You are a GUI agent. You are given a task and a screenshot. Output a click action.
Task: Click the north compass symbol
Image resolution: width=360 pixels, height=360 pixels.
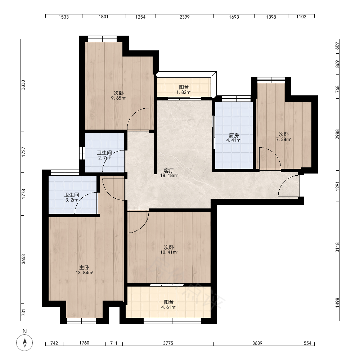point(24,343)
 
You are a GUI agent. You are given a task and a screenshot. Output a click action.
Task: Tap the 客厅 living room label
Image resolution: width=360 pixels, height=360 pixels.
point(169,171)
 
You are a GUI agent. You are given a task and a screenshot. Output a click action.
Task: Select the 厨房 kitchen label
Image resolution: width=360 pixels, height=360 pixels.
point(234,135)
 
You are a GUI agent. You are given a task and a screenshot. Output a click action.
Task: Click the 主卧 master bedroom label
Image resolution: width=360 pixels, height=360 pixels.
point(84,267)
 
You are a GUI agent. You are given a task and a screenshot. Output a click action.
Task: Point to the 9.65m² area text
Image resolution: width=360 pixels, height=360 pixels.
point(119,98)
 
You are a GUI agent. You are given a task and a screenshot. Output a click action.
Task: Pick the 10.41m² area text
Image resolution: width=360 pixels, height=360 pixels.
point(169,252)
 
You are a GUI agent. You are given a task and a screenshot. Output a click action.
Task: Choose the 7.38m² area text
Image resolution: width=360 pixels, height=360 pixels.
point(284,139)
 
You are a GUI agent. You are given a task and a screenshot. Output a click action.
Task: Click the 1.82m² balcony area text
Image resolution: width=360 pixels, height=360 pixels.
point(184,92)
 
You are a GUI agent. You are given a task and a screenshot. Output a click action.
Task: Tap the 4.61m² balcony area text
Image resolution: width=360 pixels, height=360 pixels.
point(169,307)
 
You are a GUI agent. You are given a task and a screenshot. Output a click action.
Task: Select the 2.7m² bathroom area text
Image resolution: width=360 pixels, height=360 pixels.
point(104,158)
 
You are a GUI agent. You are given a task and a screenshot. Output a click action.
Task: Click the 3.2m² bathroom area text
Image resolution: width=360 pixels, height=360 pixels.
point(72,200)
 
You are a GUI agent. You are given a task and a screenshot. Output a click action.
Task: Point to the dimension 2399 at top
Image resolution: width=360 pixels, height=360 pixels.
point(185,17)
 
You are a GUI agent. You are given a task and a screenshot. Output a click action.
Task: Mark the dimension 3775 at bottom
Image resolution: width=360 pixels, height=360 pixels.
point(168,343)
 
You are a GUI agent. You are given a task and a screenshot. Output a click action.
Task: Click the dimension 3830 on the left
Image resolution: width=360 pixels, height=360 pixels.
point(23,85)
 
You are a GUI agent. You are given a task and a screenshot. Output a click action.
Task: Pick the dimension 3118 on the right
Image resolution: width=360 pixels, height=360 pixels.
point(337,247)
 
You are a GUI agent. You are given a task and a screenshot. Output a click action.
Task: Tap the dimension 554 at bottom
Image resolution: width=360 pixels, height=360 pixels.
point(308,343)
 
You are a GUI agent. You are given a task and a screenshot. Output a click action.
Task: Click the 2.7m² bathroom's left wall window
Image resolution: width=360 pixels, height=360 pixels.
point(82,153)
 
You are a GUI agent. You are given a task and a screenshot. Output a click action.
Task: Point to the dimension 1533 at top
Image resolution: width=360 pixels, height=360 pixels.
point(64,17)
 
